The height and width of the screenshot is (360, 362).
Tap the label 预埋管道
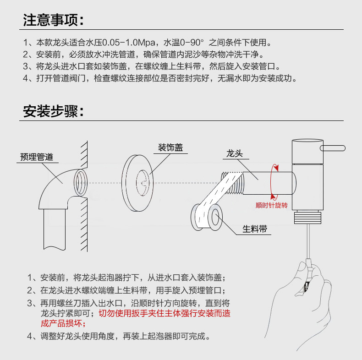pos(37,157)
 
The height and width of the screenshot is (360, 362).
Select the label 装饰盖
pos(170,147)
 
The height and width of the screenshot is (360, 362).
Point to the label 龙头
pos(234,153)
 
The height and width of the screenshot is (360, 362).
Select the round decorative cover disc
pos(137,185)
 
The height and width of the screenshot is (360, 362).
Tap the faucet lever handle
pos(333,147)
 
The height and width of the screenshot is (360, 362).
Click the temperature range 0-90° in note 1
pos(188,43)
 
